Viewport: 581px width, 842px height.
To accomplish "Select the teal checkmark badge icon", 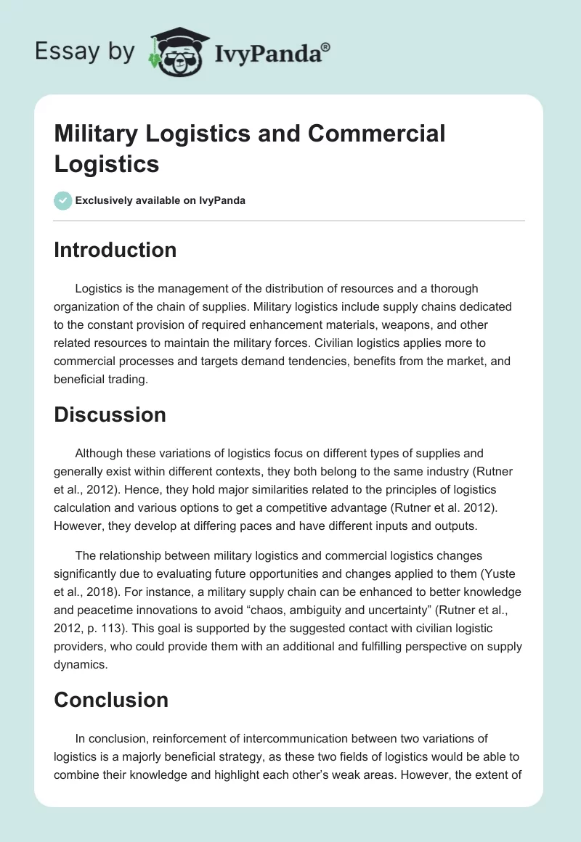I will click(63, 200).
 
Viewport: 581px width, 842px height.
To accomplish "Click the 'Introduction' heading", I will click(115, 250).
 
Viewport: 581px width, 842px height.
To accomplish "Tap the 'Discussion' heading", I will click(110, 414).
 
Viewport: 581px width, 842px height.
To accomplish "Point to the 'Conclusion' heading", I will click(111, 700).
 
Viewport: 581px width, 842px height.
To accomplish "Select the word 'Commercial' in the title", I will click(377, 134).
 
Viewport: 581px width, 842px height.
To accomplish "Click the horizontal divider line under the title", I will click(289, 220).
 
